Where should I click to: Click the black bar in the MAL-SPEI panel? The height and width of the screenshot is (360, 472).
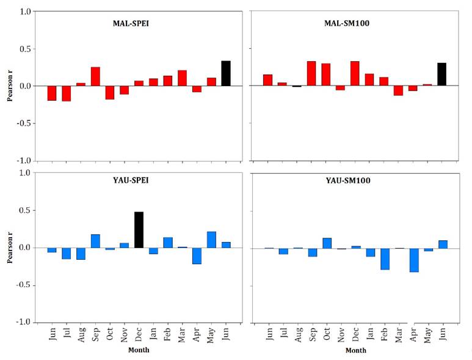coord(226,73)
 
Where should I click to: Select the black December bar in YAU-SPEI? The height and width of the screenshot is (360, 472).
coord(139,230)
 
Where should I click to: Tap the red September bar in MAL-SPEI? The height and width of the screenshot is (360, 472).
coord(95,76)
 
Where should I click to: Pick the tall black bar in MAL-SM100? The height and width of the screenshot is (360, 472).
coord(441,74)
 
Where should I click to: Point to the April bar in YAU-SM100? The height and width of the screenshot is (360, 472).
coord(414,260)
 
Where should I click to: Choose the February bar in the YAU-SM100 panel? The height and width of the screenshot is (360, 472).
coord(384,259)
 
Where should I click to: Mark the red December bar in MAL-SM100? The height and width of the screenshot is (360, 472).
coord(355,73)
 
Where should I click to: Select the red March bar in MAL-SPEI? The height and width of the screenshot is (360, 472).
coord(182,78)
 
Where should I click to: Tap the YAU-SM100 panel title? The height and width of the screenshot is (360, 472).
coord(355,181)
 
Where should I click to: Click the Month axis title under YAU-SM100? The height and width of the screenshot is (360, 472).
coord(356,350)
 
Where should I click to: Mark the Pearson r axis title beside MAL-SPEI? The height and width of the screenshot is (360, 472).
coord(10,86)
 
